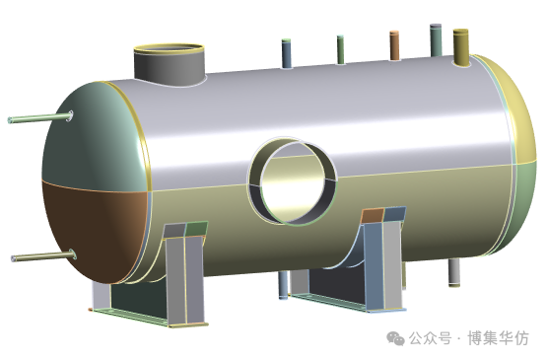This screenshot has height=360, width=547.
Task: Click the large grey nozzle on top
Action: pos(170,65)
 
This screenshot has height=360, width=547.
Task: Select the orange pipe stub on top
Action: pos(394,45)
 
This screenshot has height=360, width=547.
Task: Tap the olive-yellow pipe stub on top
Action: pos(461,47)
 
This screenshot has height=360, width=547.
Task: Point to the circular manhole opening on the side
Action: pos(293,180)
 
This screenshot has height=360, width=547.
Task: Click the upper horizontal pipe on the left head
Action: pos(40,117)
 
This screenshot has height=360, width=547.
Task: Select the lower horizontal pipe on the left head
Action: pos(43,256)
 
